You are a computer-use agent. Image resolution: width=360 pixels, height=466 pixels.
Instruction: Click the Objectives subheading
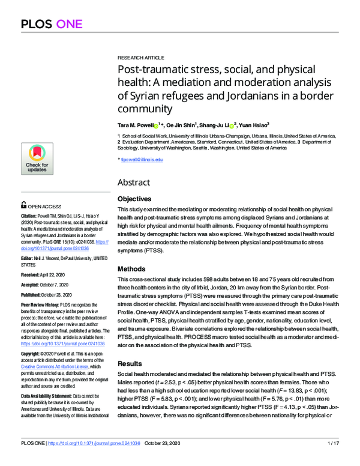(x=135, y=198)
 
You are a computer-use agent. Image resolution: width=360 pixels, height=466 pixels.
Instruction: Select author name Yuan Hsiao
(x=256, y=126)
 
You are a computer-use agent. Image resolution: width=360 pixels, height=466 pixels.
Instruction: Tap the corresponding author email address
(x=142, y=160)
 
